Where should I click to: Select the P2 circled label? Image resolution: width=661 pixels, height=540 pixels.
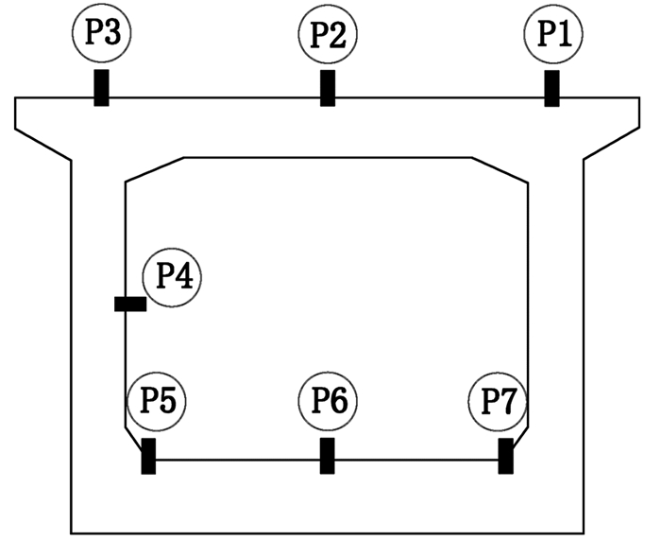pos(327,35)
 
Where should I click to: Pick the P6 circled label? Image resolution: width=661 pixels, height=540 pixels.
pos(328,402)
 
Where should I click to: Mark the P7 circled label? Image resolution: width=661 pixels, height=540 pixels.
pos(498,402)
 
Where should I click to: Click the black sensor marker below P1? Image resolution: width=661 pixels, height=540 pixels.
pos(551,88)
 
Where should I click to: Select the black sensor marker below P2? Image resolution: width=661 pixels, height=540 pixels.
pos(328,88)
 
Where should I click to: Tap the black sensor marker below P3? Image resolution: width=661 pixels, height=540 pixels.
pos(101,88)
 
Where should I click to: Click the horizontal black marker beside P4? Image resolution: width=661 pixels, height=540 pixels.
pos(130,304)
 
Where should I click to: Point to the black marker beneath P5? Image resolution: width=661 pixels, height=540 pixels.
pos(148,456)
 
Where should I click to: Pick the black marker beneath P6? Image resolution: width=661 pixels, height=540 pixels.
pos(328,456)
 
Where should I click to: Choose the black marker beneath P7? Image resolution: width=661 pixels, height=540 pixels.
pos(506,456)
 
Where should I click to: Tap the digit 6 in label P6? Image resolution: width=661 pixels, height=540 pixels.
pos(339,402)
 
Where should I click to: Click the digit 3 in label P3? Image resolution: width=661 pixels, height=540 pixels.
pos(112,35)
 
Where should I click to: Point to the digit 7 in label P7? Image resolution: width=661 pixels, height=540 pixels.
pos(508,402)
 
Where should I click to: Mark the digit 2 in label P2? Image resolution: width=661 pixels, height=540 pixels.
pos(338,35)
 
